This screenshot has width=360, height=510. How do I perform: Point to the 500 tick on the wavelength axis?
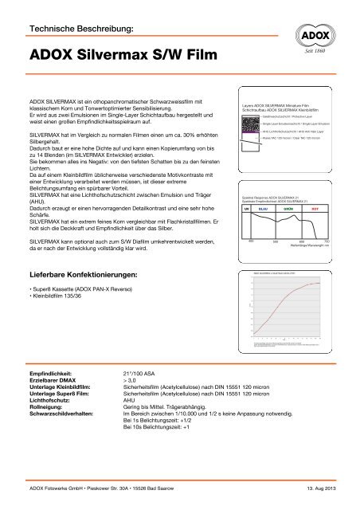pyautogui.click(x=275, y=218)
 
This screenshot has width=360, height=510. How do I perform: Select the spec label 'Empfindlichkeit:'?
pyautogui.click(x=51, y=371)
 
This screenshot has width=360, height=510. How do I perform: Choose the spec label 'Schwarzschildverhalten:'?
pyautogui.click(x=68, y=414)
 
